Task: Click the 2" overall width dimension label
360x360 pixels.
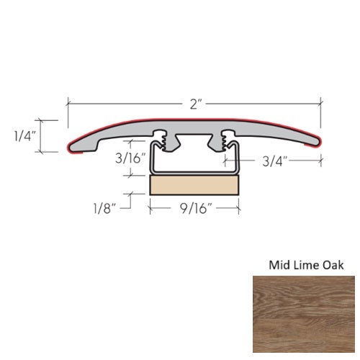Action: coord(194,104)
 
